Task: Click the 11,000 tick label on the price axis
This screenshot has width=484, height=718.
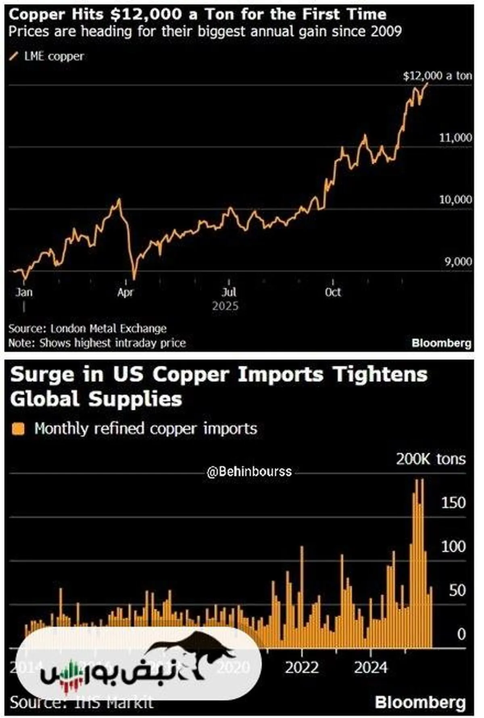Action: tap(455, 138)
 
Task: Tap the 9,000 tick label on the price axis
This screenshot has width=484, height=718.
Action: tap(458, 262)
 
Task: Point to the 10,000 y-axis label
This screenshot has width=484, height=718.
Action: tap(455, 200)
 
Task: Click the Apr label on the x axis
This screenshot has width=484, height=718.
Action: tap(125, 292)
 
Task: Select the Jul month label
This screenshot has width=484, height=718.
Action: tap(229, 292)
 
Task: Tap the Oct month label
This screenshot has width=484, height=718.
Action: tap(333, 292)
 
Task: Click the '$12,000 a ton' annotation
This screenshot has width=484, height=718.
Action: tap(437, 76)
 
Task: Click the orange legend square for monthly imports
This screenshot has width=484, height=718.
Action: tap(18, 429)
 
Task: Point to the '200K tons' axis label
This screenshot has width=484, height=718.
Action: tap(430, 459)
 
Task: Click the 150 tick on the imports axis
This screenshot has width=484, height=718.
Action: tap(453, 503)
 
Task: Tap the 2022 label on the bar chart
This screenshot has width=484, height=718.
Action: tap(302, 668)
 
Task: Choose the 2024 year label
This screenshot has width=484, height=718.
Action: tap(371, 668)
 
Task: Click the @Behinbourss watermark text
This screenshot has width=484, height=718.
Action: tap(249, 472)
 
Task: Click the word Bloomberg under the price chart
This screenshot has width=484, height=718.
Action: tap(441, 343)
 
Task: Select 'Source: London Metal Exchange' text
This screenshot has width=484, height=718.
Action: tap(88, 329)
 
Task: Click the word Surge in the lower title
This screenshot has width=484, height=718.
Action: tap(42, 375)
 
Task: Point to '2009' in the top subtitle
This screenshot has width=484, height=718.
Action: tap(386, 31)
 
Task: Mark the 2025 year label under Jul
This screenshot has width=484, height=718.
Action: tap(225, 306)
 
